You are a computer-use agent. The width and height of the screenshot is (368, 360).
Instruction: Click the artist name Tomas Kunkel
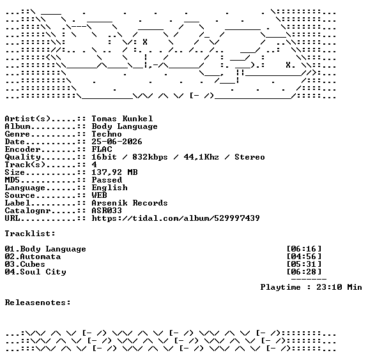click(x=122, y=119)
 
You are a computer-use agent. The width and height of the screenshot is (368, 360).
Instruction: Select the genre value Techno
click(x=107, y=134)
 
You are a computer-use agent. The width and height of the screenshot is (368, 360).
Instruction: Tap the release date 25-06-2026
click(x=117, y=142)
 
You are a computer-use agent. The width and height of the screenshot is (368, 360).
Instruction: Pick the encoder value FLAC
click(x=102, y=149)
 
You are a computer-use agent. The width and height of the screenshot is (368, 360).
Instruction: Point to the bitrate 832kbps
click(x=150, y=157)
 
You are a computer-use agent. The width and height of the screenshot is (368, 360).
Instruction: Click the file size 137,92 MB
click(x=114, y=172)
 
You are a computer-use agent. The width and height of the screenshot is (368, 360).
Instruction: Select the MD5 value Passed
click(x=107, y=180)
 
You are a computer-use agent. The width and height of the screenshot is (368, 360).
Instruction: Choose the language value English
click(x=110, y=188)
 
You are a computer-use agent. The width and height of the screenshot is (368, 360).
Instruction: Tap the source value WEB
click(x=99, y=195)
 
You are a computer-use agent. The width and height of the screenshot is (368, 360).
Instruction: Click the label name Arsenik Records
click(x=130, y=203)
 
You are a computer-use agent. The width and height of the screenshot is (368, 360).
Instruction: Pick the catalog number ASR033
click(x=107, y=211)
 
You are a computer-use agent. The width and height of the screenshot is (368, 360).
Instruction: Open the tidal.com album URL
click(x=176, y=218)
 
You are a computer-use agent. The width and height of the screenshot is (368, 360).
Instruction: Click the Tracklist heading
click(x=30, y=234)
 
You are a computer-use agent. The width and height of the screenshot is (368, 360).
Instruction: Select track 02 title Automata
click(x=40, y=257)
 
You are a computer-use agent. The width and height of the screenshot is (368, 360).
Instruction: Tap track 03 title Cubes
click(x=33, y=264)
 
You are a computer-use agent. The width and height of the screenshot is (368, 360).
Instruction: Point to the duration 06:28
click(x=304, y=272)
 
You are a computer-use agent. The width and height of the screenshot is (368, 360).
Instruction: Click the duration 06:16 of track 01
click(x=304, y=249)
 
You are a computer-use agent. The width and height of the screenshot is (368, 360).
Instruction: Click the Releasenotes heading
click(x=38, y=303)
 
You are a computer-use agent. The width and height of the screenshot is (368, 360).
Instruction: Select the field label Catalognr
click(x=27, y=211)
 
